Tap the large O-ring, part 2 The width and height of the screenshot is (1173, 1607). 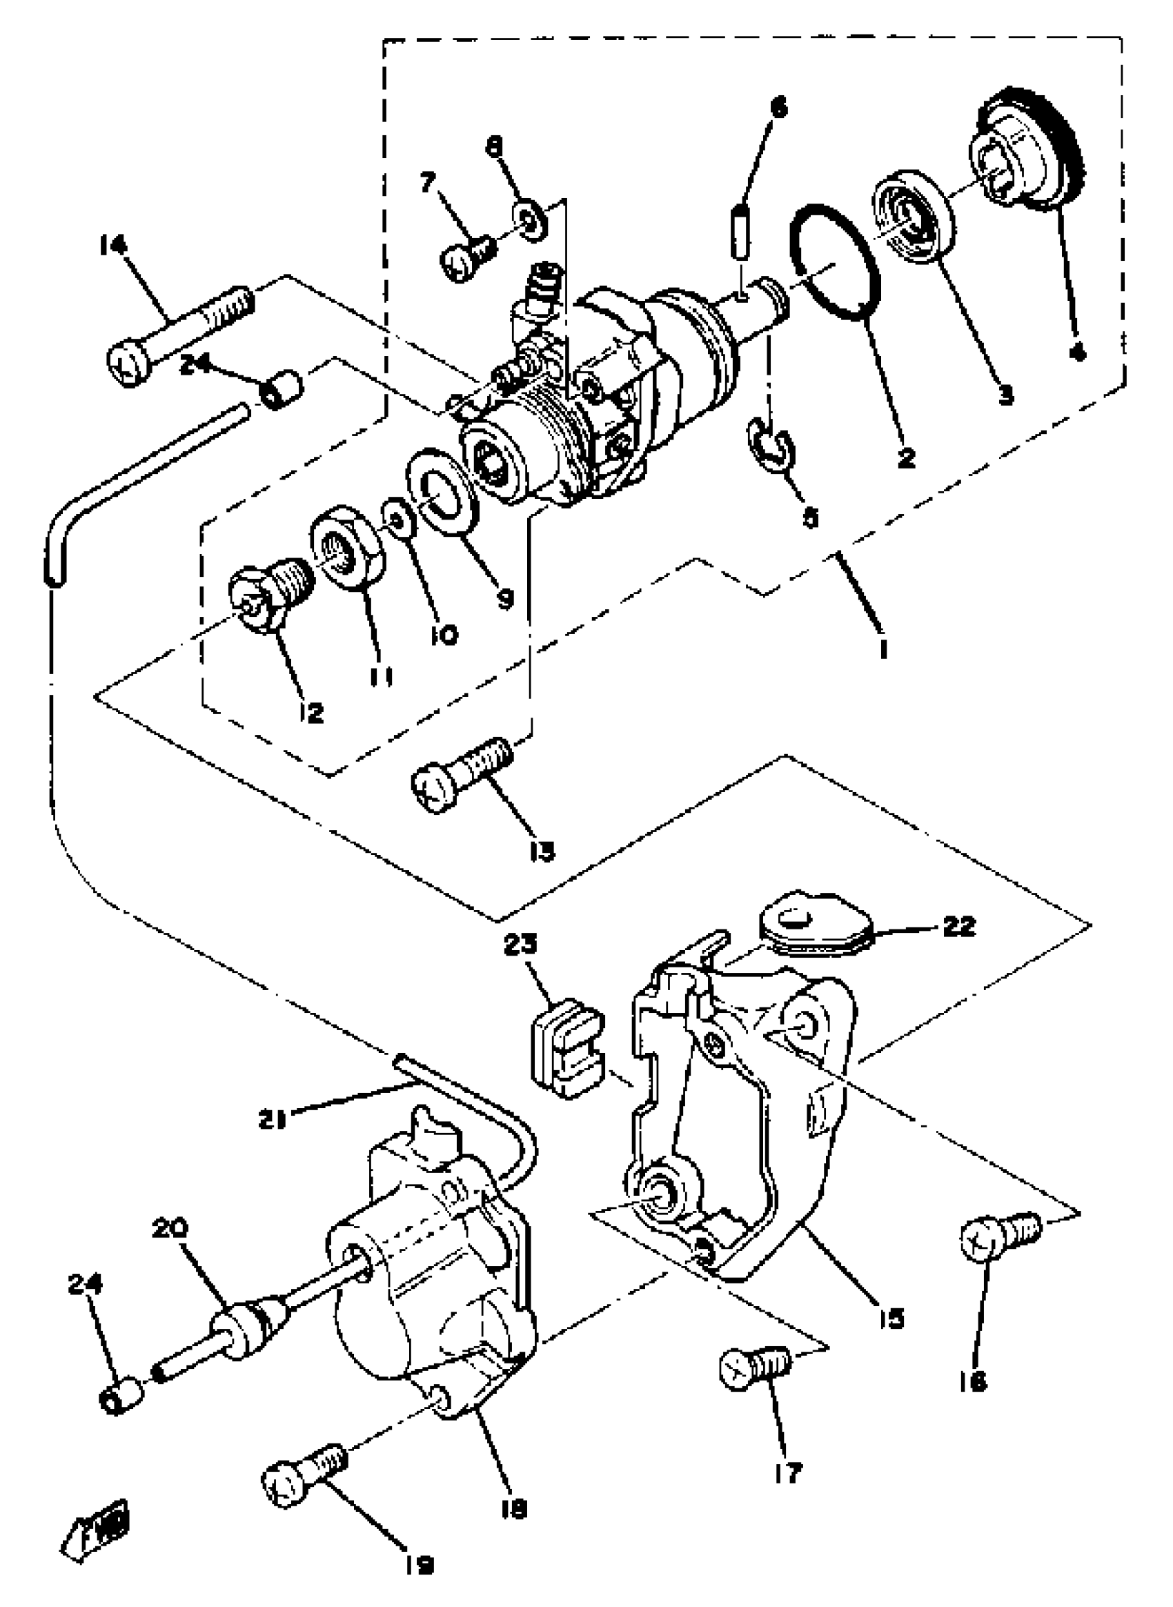[x=834, y=263]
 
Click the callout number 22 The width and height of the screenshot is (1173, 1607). [x=958, y=926]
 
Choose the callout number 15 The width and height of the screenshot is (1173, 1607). [x=891, y=1318]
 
